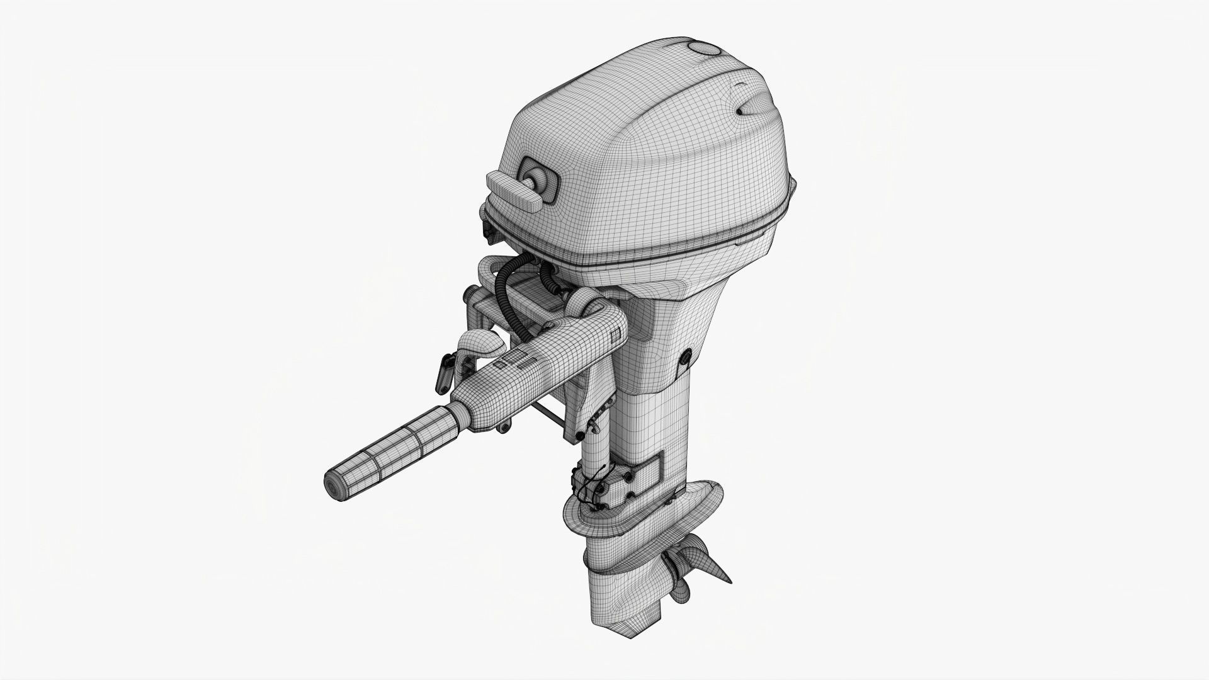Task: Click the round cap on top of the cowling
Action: (704, 49)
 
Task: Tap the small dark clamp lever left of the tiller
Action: (443, 375)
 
